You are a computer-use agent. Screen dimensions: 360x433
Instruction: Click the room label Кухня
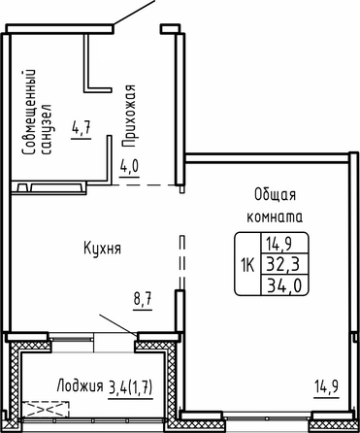point(102,249)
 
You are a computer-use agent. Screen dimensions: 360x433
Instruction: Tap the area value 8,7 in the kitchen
point(143,299)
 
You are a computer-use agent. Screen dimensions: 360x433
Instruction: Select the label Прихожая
point(130,117)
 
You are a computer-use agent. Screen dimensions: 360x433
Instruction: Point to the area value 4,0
point(129,166)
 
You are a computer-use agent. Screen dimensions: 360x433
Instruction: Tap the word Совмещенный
point(28,112)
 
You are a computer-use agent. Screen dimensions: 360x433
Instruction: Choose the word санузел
point(47,129)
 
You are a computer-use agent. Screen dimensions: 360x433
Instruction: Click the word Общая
point(275,195)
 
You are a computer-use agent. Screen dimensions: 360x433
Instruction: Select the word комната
point(275,216)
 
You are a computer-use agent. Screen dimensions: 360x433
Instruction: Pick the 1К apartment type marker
point(247,265)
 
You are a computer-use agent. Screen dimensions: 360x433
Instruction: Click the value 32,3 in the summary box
point(283,264)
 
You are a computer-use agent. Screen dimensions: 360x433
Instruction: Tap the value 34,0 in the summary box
point(283,285)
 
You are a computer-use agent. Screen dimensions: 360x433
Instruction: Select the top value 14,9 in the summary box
point(278,244)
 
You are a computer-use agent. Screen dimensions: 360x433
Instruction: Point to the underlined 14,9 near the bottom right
point(327,385)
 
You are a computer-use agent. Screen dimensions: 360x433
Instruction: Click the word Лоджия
point(80,385)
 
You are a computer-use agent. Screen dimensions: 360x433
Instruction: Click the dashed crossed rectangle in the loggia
point(46,410)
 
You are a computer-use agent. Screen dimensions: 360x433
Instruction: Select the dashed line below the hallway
point(146,185)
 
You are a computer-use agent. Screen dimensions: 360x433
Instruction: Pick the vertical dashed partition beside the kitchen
point(182,262)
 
